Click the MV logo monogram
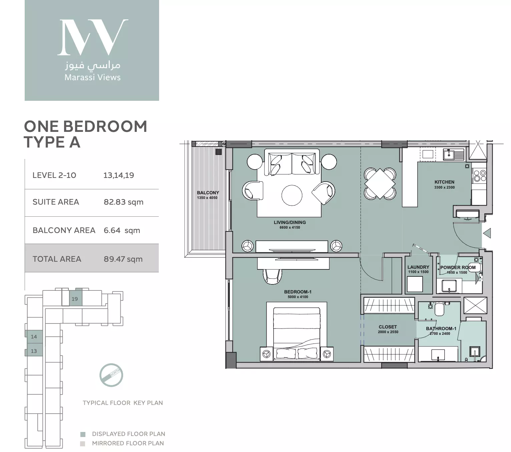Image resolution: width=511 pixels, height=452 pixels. (x=92, y=37)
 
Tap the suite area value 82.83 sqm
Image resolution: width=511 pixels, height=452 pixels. (x=123, y=202)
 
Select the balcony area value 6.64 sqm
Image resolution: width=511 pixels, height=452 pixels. (x=122, y=231)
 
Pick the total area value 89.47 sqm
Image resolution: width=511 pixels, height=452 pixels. (x=123, y=259)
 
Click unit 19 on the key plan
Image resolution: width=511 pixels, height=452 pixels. (x=75, y=299)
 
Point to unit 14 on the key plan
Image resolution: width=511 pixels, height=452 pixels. (x=34, y=336)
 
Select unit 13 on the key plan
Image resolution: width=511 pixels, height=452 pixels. (x=34, y=351)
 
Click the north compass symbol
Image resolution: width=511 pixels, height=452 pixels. (x=111, y=375)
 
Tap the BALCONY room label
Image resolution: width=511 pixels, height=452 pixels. (x=208, y=193)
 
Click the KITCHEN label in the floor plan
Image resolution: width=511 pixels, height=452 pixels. (x=444, y=182)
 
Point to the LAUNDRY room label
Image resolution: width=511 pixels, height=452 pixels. (x=418, y=267)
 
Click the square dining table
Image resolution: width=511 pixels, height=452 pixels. (x=380, y=184)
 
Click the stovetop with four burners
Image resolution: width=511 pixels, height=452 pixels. (x=479, y=176)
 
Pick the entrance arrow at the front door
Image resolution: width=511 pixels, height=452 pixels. (x=487, y=233)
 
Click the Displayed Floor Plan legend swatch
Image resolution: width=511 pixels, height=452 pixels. (x=83, y=434)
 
